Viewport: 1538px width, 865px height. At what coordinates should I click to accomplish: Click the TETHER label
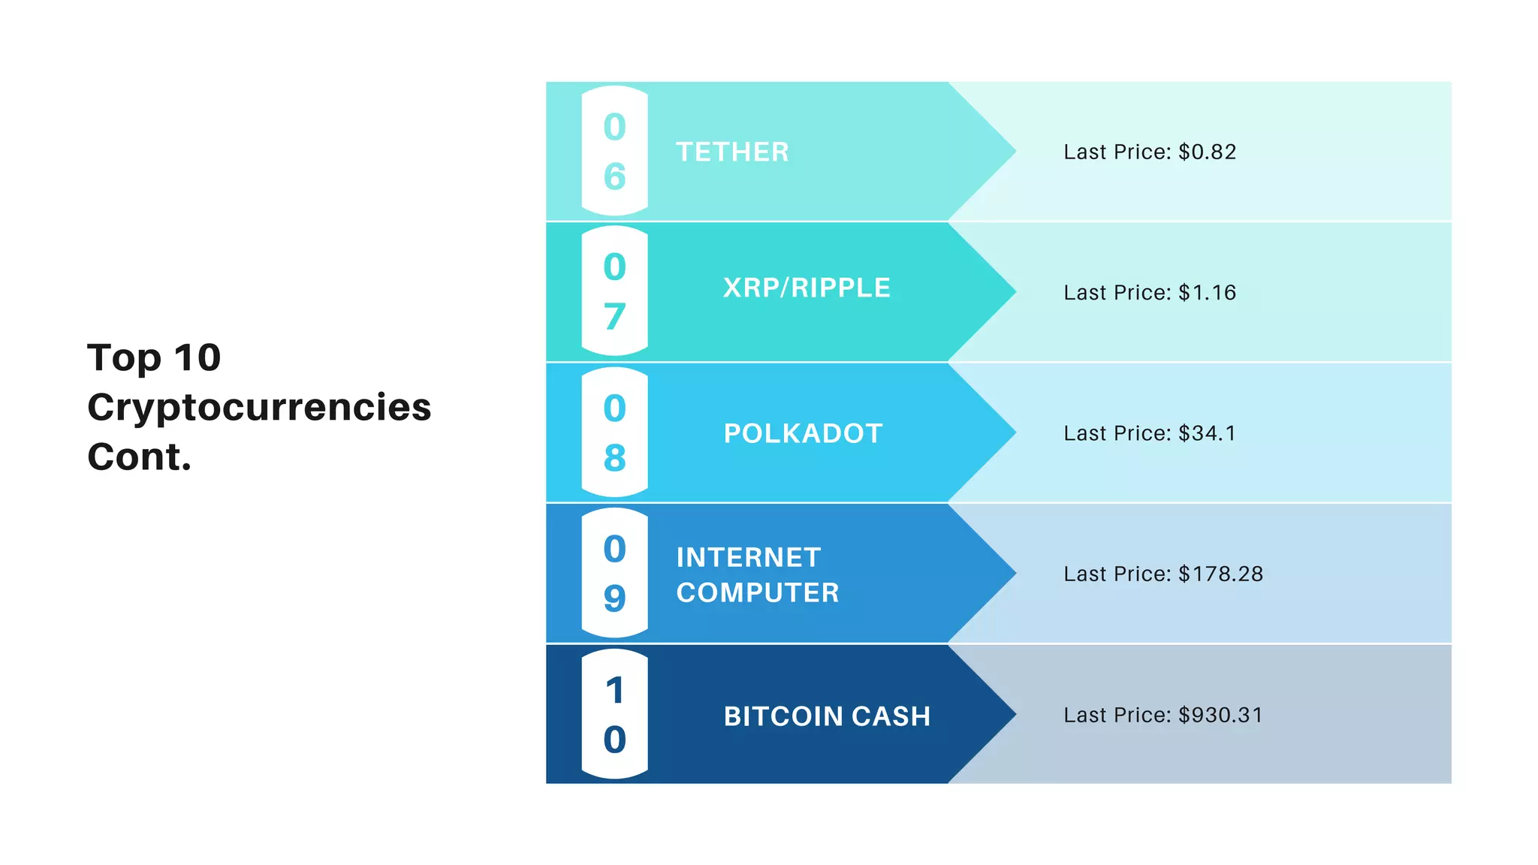pos(732,152)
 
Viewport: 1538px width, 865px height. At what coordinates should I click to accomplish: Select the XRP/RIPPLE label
pos(807,288)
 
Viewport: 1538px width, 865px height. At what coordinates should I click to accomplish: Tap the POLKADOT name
pos(803,434)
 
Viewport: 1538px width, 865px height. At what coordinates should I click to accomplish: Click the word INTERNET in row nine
pos(749,558)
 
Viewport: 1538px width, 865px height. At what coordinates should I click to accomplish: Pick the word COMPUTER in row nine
pos(758,593)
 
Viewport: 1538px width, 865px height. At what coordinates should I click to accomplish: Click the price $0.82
pos(1208,152)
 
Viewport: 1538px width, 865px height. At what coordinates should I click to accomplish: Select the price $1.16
pos(1208,293)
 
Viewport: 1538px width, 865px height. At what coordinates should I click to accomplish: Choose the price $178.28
pos(1221,574)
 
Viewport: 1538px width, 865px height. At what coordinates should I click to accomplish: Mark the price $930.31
pos(1221,716)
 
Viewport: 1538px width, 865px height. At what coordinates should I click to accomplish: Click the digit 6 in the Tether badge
pos(614,177)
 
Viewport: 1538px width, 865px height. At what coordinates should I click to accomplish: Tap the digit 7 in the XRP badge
pos(614,317)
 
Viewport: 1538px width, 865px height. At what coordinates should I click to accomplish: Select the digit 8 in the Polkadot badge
pos(614,458)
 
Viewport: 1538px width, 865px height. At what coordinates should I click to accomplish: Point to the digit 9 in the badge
pos(614,598)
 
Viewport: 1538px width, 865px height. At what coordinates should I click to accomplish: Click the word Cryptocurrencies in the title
pos(259,408)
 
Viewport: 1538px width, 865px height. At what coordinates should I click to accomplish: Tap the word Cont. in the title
pos(140,457)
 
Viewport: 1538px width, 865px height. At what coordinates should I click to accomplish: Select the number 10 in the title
pos(198,357)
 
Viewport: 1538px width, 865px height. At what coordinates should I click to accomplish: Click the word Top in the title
pos(124,358)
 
